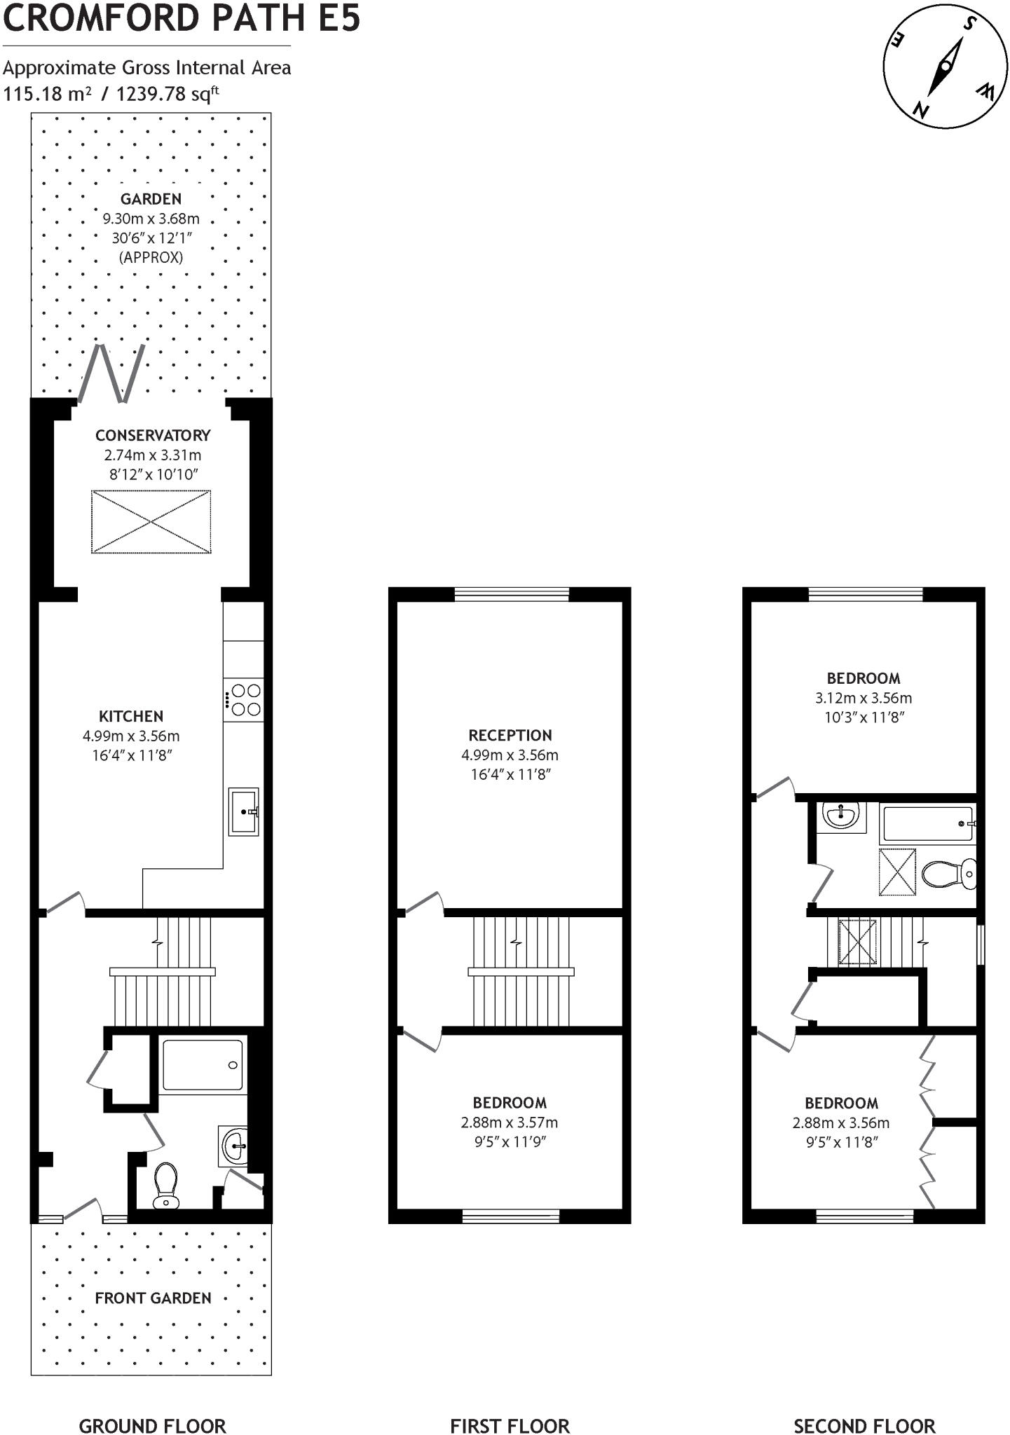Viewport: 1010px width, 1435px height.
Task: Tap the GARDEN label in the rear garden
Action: click(x=151, y=199)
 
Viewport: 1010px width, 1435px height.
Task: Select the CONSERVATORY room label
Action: click(x=153, y=435)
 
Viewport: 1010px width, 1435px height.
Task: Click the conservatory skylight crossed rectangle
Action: click(x=151, y=522)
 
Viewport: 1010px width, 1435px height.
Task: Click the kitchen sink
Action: click(x=244, y=811)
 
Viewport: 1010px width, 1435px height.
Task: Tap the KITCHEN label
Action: click(x=131, y=716)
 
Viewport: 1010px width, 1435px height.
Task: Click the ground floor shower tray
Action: click(x=203, y=1066)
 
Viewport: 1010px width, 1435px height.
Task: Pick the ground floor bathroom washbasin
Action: click(x=233, y=1147)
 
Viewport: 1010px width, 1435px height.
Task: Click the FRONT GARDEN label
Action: click(x=153, y=1298)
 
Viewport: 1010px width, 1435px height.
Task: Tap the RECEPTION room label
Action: click(x=510, y=735)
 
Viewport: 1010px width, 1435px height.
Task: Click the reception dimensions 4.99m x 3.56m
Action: click(x=510, y=755)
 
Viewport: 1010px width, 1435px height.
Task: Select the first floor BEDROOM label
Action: click(x=510, y=1102)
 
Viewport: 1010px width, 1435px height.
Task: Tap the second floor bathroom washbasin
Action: click(x=840, y=815)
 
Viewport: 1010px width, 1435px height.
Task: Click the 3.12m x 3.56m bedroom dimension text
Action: click(x=864, y=698)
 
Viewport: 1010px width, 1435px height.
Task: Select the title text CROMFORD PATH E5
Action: click(x=182, y=18)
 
